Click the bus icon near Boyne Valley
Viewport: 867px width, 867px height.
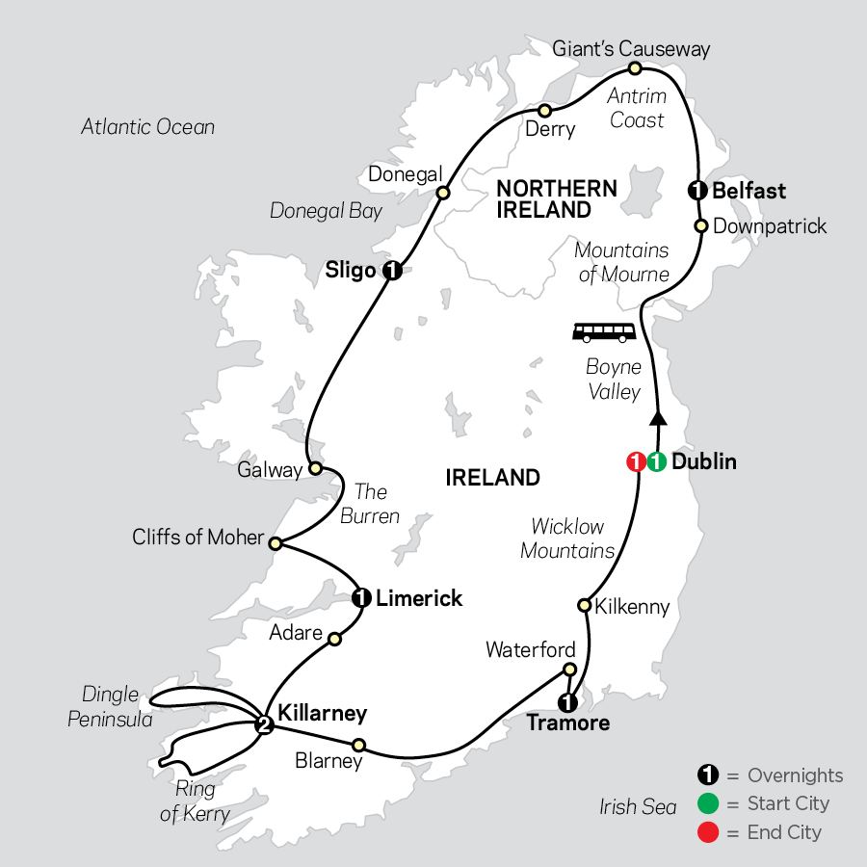click(x=604, y=333)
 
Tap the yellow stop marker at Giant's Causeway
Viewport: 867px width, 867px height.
click(x=635, y=68)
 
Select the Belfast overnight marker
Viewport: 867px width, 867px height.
click(x=696, y=191)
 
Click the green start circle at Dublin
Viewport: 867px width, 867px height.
click(x=655, y=462)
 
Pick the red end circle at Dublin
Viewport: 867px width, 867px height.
click(x=635, y=462)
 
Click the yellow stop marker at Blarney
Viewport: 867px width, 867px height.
click(x=358, y=744)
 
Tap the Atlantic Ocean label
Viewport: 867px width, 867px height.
click(x=147, y=127)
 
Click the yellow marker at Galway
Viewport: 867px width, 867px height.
click(x=314, y=469)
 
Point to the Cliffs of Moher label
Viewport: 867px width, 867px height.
click(x=197, y=538)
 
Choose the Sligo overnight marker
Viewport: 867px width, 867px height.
click(x=391, y=271)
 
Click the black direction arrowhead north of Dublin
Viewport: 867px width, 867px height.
click(x=658, y=417)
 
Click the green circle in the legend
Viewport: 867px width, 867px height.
click(x=708, y=803)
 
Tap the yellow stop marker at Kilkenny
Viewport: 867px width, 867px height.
click(x=583, y=605)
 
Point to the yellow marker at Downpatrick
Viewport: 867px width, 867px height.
click(x=701, y=226)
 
